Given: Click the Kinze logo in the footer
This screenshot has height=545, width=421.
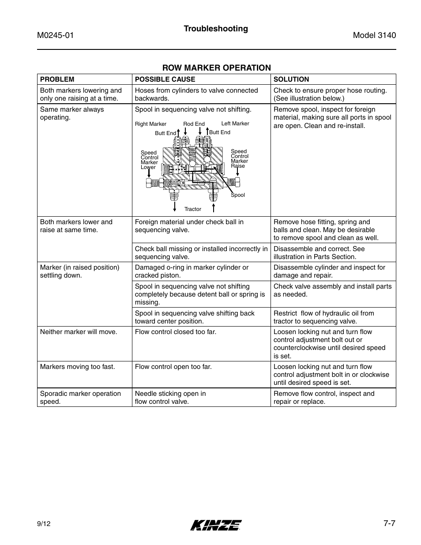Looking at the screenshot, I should click(x=216, y=525).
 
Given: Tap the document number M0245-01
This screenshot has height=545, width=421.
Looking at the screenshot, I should click(x=55, y=36).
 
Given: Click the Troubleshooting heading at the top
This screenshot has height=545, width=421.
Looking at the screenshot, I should click(x=216, y=29).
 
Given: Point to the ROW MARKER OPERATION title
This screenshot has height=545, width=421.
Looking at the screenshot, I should click(x=216, y=68).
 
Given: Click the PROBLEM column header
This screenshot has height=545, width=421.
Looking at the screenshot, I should click(x=57, y=79).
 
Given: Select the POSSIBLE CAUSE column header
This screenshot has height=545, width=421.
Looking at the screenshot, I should click(x=165, y=79).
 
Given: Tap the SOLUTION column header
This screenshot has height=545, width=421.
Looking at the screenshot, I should click(x=291, y=79).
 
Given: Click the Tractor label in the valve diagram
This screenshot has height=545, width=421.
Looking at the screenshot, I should click(x=192, y=209).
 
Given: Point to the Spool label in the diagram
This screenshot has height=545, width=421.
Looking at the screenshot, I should click(x=238, y=195).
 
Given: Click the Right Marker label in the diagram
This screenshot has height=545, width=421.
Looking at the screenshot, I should click(x=150, y=124).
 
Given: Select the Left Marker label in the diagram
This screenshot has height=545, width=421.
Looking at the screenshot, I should click(x=235, y=124).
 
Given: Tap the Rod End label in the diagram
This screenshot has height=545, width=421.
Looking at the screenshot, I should click(x=194, y=124).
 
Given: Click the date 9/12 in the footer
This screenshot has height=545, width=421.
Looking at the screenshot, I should click(x=45, y=524).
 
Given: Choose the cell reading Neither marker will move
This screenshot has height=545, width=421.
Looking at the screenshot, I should click(x=79, y=332).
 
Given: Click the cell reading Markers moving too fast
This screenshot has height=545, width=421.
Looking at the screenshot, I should click(x=77, y=367).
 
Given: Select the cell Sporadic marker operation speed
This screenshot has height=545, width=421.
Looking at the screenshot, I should click(x=80, y=398).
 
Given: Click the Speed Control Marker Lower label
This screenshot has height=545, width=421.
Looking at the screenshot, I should click(x=149, y=160).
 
